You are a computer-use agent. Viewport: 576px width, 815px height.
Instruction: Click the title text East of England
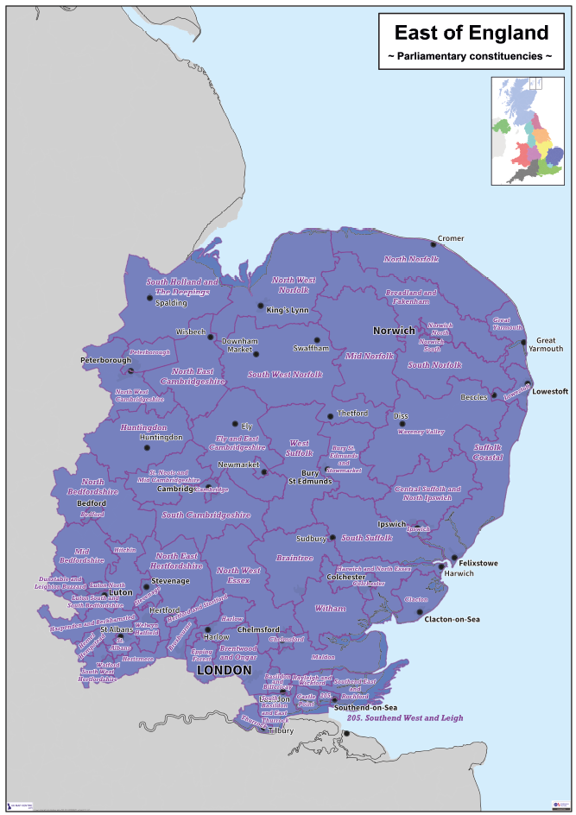[471, 33]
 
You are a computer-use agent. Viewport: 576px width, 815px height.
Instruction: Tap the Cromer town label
[451, 238]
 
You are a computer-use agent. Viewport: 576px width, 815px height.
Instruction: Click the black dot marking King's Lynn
[261, 306]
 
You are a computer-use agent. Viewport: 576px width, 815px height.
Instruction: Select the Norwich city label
[394, 331]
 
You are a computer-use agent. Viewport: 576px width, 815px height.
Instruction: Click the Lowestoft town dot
[527, 384]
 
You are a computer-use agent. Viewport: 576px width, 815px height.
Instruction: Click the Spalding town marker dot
[149, 298]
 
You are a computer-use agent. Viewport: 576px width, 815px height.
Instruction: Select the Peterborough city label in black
[104, 359]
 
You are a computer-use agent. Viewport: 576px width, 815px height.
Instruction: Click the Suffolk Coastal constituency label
[487, 452]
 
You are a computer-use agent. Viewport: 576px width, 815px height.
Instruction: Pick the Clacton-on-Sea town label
[452, 619]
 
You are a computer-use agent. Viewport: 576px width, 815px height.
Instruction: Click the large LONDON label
[224, 670]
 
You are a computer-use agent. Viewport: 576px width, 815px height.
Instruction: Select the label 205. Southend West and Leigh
[406, 717]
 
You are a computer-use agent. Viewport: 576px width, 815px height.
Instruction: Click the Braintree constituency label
[294, 558]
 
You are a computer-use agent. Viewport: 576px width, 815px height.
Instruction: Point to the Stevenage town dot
[145, 587]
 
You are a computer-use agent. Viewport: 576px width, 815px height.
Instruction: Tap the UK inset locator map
[528, 130]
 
